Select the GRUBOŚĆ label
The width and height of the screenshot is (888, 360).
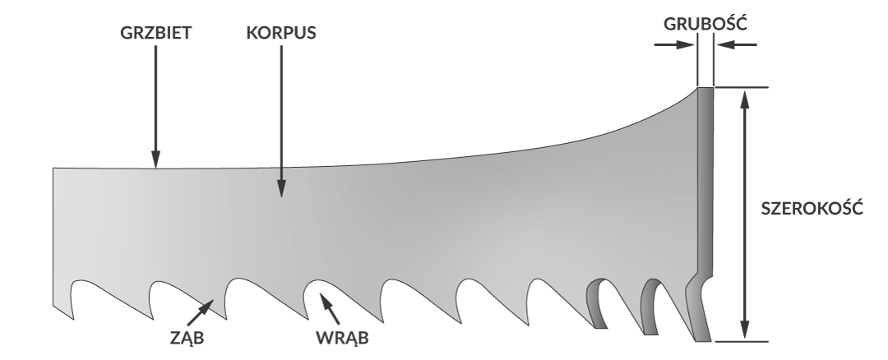[705, 24]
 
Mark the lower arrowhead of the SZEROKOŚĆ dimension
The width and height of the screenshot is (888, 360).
[744, 332]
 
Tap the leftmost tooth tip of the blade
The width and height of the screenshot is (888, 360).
[73, 316]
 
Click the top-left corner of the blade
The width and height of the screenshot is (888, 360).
[53, 169]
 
